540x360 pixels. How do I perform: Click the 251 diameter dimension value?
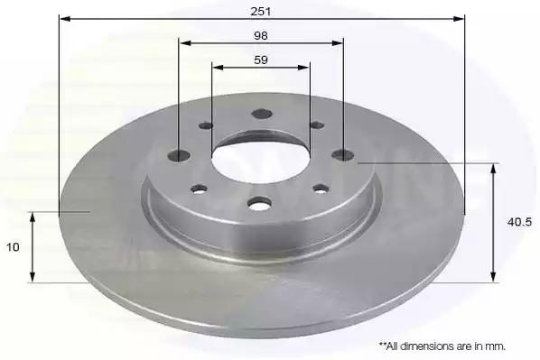pyautogui.click(x=261, y=12)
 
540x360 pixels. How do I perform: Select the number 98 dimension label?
pyautogui.click(x=261, y=36)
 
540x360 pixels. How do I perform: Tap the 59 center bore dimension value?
pyautogui.click(x=261, y=60)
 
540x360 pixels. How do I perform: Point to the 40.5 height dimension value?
pyautogui.click(x=519, y=222)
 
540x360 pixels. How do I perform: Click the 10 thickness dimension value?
pyautogui.click(x=13, y=247)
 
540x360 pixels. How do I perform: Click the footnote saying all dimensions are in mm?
pyautogui.click(x=442, y=346)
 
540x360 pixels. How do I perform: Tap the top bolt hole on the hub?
pyautogui.click(x=262, y=114)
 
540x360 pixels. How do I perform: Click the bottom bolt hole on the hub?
pyautogui.click(x=259, y=203)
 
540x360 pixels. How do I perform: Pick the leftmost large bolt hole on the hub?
pyautogui.click(x=179, y=155)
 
